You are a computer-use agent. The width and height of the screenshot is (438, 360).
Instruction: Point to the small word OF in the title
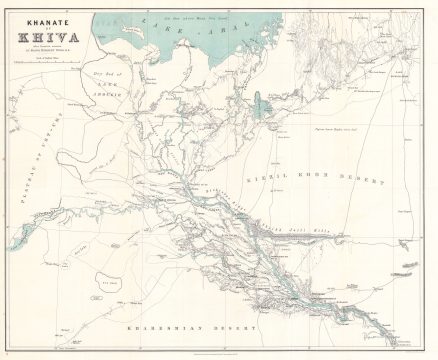pos(41,26)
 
